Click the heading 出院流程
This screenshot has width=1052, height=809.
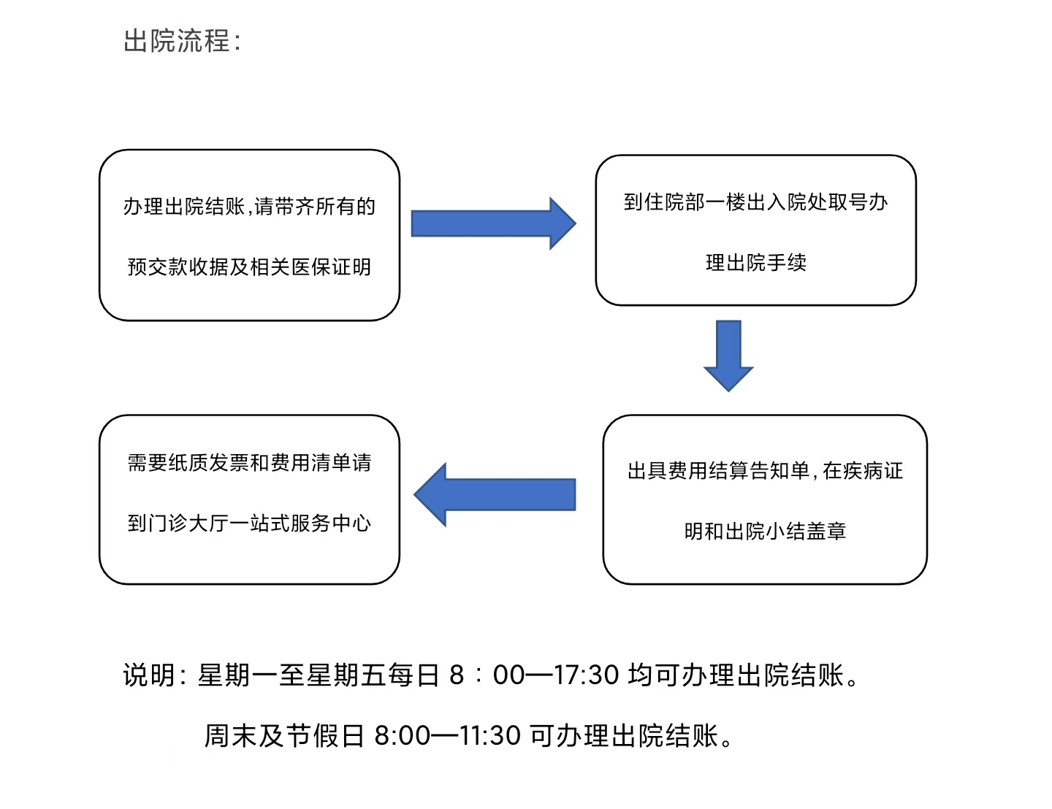click(x=176, y=41)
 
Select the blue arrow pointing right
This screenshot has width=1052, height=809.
click(x=493, y=223)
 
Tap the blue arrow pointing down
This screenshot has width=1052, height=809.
click(x=728, y=356)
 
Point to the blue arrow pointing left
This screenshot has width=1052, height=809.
click(x=495, y=494)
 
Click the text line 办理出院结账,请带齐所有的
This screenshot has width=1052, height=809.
click(x=249, y=206)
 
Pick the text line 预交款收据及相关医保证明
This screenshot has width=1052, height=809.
click(x=249, y=267)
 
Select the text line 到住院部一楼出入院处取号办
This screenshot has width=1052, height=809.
click(x=755, y=202)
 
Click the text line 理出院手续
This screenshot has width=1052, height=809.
click(x=755, y=263)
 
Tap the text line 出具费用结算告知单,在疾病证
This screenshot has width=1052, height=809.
click(x=765, y=471)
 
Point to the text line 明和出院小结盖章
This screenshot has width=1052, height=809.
click(x=765, y=532)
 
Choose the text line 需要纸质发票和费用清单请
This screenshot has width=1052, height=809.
click(x=249, y=463)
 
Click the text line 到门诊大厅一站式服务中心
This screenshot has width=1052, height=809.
click(x=249, y=523)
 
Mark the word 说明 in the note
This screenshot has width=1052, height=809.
click(x=148, y=675)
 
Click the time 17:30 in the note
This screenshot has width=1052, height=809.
click(x=587, y=675)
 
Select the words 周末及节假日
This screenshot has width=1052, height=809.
click(x=283, y=735)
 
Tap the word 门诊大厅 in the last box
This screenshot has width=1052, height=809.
click(x=188, y=523)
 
